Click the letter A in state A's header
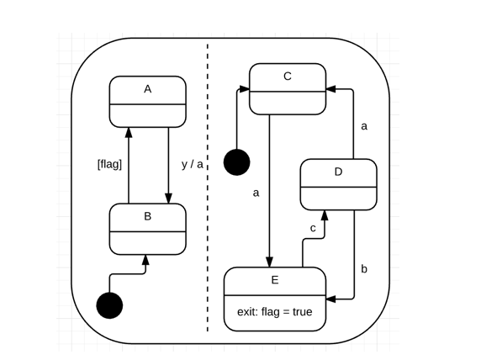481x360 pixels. [147, 89]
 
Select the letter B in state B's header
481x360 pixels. [147, 216]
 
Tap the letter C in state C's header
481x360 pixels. [288, 77]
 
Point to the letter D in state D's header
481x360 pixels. [338, 172]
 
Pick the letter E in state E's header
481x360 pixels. [274, 280]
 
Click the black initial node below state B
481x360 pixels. [109, 305]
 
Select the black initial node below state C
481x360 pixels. [237, 161]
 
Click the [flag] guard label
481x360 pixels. [109, 164]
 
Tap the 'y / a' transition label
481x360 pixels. [192, 164]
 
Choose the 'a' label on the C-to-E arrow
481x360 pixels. [256, 193]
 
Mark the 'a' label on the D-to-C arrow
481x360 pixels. [364, 126]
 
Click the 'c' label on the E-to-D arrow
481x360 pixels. [313, 228]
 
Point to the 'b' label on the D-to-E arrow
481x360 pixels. [364, 269]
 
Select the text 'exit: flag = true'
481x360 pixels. [274, 312]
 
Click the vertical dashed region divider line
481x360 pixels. [208, 193]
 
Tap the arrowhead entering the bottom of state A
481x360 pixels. [128, 132]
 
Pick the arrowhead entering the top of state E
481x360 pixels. [269, 262]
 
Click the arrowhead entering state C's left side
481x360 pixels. [245, 87]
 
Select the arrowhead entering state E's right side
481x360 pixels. [330, 298]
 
